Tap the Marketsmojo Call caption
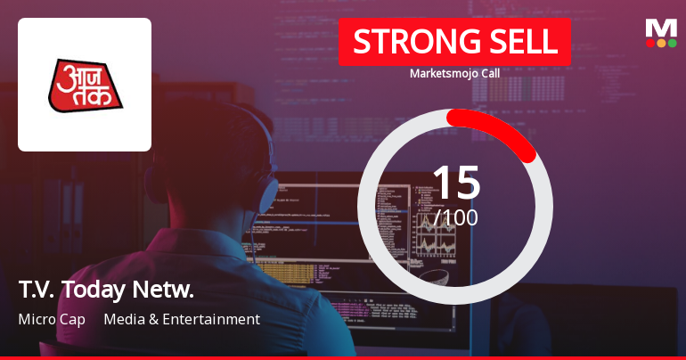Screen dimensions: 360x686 tap(454, 74)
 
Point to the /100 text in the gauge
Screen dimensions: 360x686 tap(455, 217)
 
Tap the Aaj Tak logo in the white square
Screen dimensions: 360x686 tap(85, 85)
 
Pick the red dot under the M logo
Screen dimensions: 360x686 tap(650, 42)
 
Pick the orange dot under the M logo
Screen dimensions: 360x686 tap(661, 42)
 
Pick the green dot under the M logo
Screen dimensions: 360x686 tap(672, 42)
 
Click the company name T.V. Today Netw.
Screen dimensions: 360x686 tap(105, 290)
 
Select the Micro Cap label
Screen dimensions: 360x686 tap(52, 319)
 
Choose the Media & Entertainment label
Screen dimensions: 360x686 tap(182, 319)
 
